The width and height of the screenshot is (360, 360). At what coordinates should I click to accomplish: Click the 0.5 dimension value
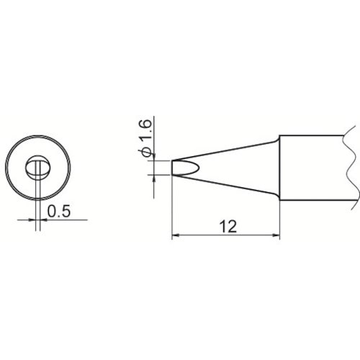tap(59, 211)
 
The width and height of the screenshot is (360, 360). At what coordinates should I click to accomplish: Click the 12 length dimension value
tap(229, 227)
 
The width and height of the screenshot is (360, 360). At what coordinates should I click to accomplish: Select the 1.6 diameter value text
tap(145, 130)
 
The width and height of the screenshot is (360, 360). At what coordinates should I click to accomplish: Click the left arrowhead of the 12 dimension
tap(176, 235)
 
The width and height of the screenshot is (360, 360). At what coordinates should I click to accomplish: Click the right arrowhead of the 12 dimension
tap(276, 235)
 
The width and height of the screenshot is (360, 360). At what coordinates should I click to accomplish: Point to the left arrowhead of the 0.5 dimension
tap(32, 220)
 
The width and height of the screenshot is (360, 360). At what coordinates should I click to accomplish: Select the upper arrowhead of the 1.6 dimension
tap(153, 157)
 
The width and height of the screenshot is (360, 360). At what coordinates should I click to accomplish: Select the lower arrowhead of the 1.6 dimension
tap(153, 179)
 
